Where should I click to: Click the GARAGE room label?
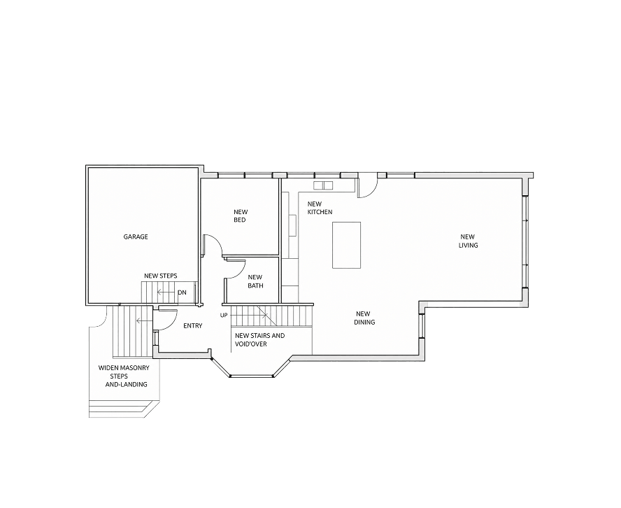(x=136, y=237)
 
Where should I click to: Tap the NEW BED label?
(x=241, y=216)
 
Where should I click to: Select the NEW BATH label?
(x=255, y=281)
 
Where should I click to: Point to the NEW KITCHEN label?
(x=320, y=208)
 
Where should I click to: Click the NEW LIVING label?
(x=468, y=241)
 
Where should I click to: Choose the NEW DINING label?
(x=364, y=318)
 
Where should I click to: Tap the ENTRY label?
(x=193, y=326)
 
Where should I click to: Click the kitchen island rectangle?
(x=347, y=245)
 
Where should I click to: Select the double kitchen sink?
(x=324, y=185)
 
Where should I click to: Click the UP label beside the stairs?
(x=224, y=316)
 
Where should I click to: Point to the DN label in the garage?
(x=182, y=292)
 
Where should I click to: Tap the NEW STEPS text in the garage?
(x=160, y=276)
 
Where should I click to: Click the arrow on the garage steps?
(x=166, y=292)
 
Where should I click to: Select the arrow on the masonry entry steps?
(x=143, y=320)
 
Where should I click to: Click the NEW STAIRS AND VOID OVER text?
(x=259, y=339)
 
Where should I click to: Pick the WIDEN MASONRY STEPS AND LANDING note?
(x=124, y=376)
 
